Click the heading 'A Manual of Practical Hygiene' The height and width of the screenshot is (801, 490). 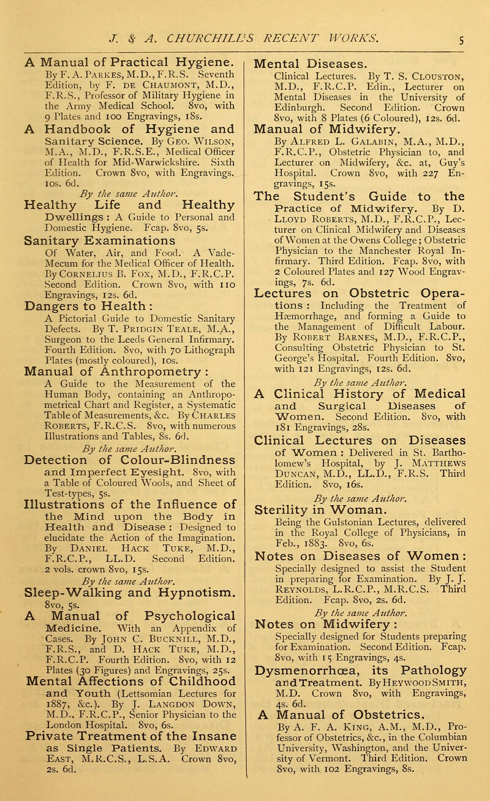pos(135,47)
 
